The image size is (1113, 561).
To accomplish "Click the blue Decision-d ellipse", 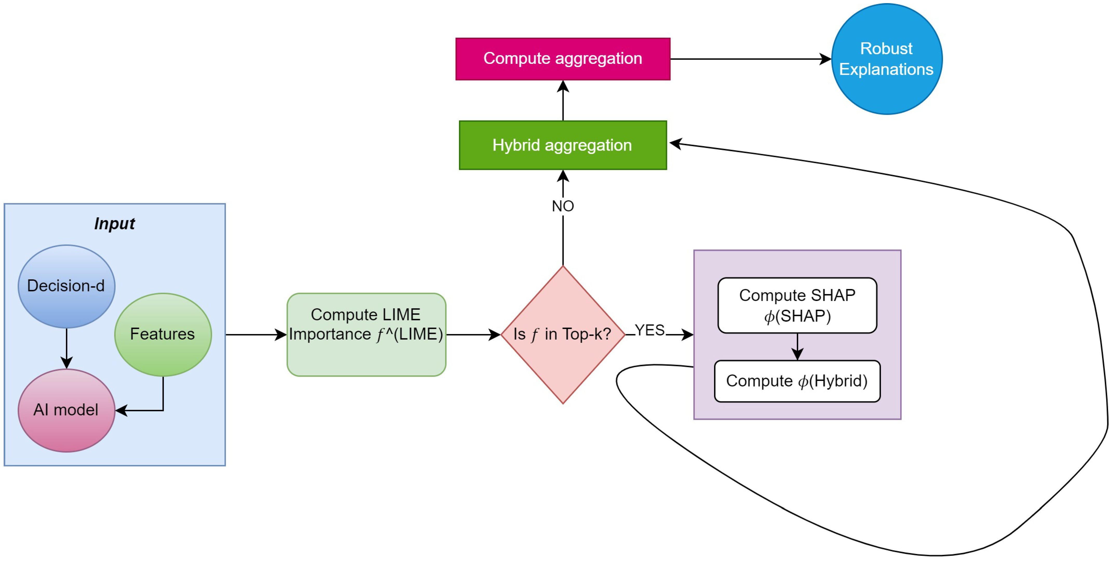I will point(66,286).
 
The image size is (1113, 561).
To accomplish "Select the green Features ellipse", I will point(163,334).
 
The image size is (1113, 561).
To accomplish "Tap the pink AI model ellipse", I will point(66,410).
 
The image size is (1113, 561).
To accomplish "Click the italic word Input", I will point(115,224).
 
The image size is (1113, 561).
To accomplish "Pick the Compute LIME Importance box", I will point(366,334).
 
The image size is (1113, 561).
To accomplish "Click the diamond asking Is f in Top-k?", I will point(563,334).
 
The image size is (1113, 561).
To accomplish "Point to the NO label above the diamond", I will point(563,206).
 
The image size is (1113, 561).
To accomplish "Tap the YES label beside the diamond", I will point(649,330).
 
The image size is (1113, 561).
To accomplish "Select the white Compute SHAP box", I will point(797,305).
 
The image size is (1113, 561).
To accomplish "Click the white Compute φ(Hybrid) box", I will point(797,381).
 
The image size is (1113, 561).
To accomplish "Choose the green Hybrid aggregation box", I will point(563,145).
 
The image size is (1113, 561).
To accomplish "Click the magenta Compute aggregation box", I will point(563,59).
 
